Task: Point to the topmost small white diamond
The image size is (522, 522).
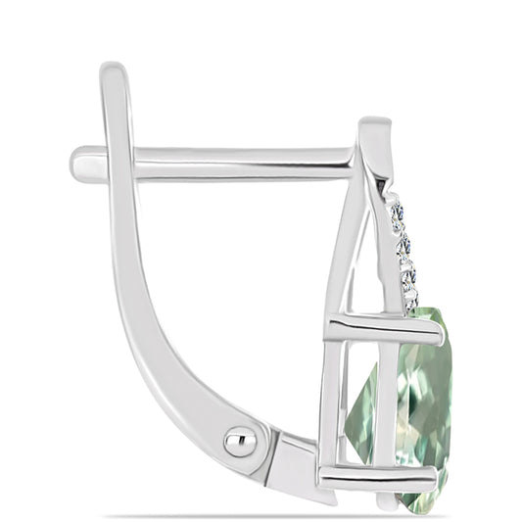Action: point(396,211)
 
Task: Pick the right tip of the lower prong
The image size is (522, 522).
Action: point(432,479)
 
